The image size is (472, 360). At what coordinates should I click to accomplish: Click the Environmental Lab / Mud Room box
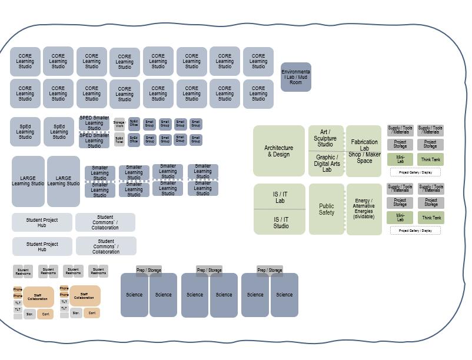pos(295,77)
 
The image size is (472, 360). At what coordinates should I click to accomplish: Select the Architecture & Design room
pos(279,151)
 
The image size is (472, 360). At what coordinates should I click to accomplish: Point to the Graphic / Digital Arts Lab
pos(327,164)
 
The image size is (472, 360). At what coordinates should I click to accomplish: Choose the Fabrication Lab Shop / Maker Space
pos(364,151)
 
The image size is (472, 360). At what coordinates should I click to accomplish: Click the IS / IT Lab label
pos(280,197)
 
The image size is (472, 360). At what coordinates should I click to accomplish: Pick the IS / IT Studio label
pos(281,222)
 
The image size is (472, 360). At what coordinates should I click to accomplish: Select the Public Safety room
pos(327,209)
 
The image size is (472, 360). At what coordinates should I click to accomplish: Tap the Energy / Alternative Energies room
pos(364,209)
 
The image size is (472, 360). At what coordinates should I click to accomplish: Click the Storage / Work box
pos(119,124)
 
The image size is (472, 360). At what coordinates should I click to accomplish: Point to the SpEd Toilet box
pos(119,140)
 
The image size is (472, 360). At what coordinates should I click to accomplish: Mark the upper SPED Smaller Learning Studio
pos(94,123)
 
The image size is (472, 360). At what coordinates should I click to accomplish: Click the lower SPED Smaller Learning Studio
pos(94,140)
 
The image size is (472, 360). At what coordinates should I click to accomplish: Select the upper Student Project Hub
pos(42,222)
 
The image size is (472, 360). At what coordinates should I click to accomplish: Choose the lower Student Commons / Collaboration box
pos(106,246)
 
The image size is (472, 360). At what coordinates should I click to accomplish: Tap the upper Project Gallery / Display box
pos(416,172)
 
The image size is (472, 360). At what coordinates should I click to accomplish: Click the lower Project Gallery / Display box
pos(416,231)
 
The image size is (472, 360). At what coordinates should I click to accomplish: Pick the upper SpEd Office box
pos(134,124)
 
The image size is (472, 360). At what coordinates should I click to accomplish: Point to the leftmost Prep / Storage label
pos(149,271)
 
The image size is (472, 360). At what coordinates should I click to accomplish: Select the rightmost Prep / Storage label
pos(270,271)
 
